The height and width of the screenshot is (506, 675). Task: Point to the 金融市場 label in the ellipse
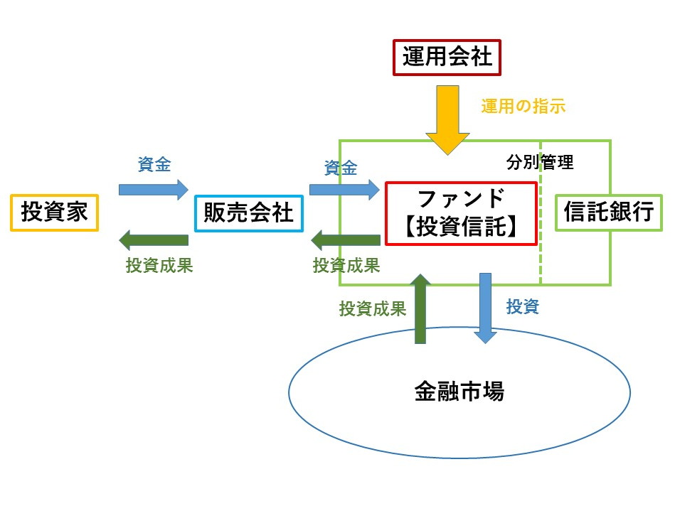coord(459,392)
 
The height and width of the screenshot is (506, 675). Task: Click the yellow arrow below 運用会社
coord(447,119)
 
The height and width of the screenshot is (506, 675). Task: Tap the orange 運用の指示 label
coord(523,107)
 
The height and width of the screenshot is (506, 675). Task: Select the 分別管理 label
coord(540,162)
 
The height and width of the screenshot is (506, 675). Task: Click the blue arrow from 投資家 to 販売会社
coord(154,189)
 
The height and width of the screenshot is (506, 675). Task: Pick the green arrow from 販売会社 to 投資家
coord(154,240)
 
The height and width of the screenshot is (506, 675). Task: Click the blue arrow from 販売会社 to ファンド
coord(344,189)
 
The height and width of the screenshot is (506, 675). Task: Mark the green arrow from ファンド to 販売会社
coord(345,240)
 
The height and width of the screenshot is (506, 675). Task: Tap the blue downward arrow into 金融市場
coord(485,308)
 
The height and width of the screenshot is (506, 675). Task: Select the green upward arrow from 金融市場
coord(420,308)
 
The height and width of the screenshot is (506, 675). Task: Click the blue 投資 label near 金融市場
coord(523,307)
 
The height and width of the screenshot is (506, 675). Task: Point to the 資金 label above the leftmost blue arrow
coord(154,164)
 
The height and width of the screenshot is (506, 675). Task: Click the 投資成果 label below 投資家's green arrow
coord(159,266)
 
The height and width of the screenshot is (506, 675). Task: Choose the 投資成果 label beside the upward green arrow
coord(373,308)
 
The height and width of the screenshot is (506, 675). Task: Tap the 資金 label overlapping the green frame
coord(341,168)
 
